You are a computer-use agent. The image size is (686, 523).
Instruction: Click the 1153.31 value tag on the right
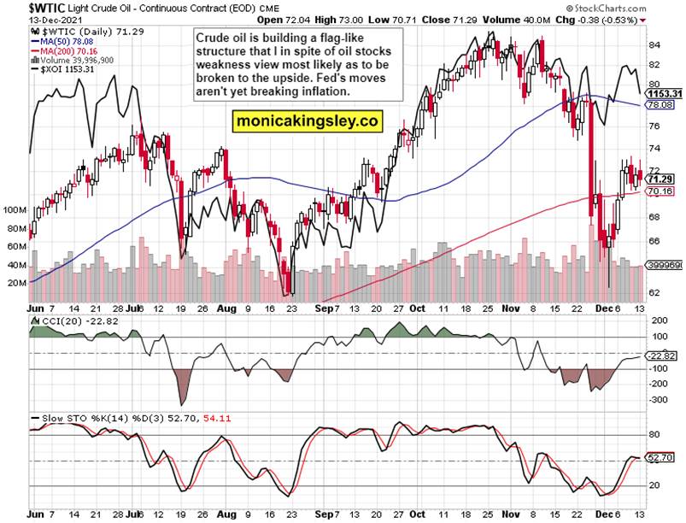pyautogui.click(x=664, y=93)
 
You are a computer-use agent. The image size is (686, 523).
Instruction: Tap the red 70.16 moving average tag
pyautogui.click(x=662, y=192)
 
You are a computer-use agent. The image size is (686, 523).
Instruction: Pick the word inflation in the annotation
pyautogui.click(x=319, y=91)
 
